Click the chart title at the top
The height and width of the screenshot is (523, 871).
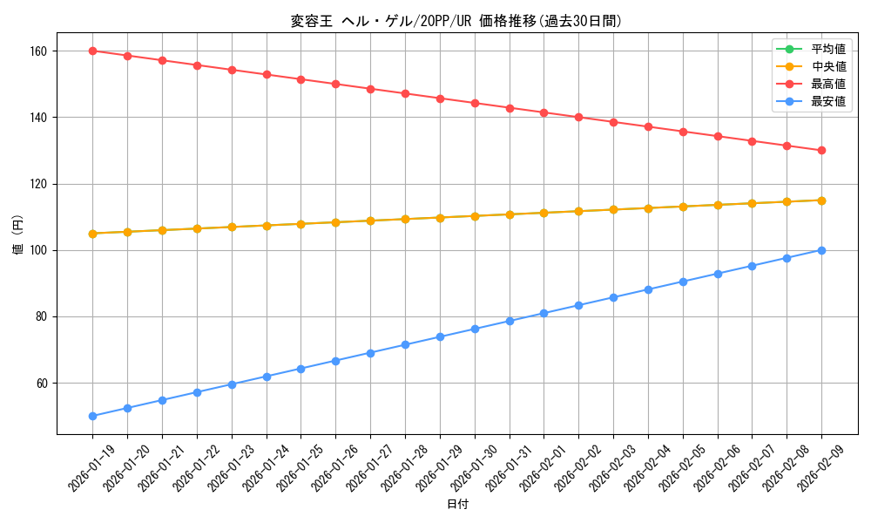(456, 21)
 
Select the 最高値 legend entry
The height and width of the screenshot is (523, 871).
(827, 84)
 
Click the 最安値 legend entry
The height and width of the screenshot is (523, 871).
(827, 101)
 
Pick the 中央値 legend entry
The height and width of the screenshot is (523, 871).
(827, 66)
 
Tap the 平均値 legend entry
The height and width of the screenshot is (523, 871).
(827, 49)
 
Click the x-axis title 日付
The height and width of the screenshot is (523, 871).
(457, 505)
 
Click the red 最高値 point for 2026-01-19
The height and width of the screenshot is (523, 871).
(92, 51)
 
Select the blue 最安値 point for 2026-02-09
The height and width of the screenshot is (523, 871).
(821, 250)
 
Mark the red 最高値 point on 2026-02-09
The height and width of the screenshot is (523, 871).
(821, 150)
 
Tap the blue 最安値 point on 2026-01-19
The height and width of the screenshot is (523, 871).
(92, 416)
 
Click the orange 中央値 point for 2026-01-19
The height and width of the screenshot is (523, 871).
(92, 234)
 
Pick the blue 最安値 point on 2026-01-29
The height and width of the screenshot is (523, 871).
(440, 336)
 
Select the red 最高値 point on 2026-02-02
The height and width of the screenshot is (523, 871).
(578, 117)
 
